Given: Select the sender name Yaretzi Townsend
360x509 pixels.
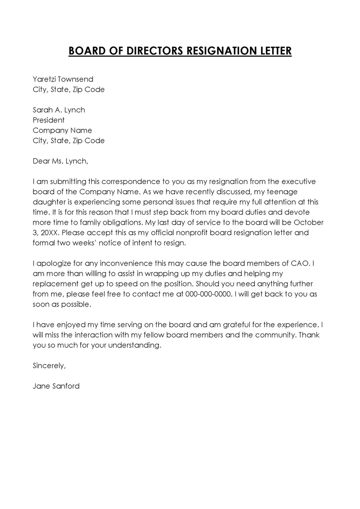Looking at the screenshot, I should (63, 79).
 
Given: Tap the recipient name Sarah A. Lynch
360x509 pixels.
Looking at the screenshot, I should (59, 110).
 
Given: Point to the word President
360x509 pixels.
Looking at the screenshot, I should (49, 120).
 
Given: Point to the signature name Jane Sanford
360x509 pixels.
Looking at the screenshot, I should (56, 386).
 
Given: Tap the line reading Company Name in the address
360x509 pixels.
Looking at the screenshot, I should (62, 131).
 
